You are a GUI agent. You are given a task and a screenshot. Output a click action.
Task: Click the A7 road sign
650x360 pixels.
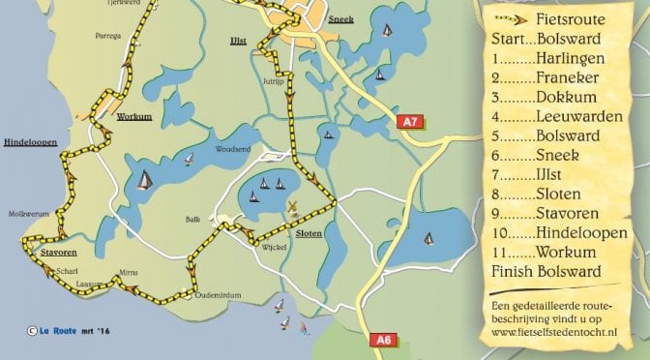(410, 122)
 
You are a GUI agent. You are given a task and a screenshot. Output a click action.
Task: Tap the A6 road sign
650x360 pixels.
(381, 340)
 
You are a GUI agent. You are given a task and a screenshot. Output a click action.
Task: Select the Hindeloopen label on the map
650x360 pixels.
(29, 141)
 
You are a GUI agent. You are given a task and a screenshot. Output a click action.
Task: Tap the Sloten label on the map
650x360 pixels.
(310, 235)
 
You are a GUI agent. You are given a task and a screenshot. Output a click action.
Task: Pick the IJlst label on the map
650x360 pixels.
(238, 44)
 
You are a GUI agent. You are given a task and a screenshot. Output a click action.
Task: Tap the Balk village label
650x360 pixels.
(192, 220)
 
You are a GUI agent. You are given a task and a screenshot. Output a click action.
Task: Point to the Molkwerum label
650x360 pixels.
(22, 213)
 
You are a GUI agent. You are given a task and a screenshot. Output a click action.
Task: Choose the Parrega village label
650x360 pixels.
(107, 36)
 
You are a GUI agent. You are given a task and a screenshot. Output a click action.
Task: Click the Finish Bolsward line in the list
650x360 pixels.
(546, 270)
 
